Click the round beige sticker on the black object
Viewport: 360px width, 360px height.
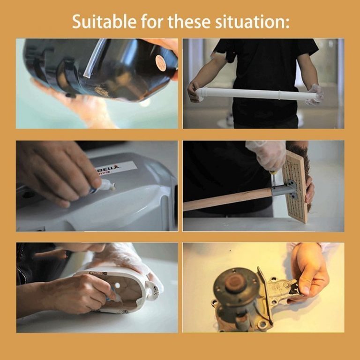click(x=161, y=62)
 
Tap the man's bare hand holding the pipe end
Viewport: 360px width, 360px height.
click(x=193, y=91)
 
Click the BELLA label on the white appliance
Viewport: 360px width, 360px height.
click(x=115, y=167)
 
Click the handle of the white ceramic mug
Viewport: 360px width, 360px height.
click(x=152, y=291)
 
